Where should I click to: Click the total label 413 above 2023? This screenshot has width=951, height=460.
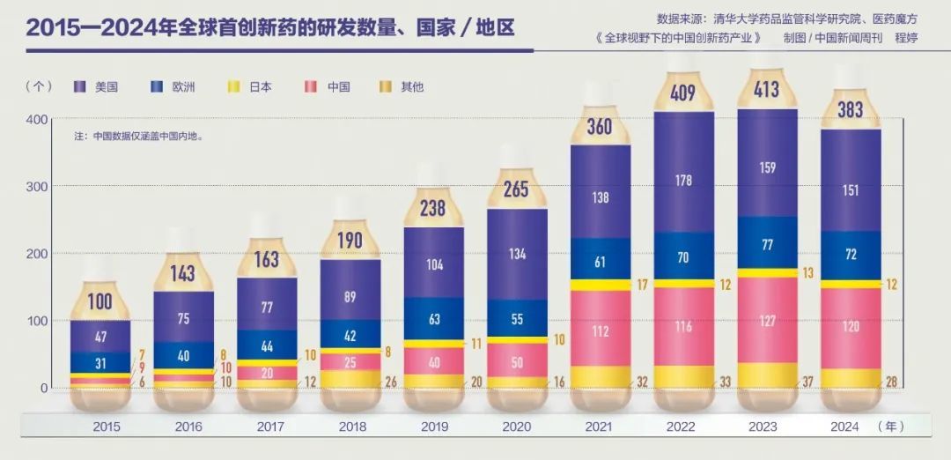(x=767, y=89)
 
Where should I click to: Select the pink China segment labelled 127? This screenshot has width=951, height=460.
(x=767, y=321)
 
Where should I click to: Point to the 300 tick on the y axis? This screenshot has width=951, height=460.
(x=37, y=187)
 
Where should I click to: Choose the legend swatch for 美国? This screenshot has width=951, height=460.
(x=80, y=86)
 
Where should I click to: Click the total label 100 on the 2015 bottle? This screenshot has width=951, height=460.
(x=100, y=302)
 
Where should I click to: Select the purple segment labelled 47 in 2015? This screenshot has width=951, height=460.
(x=100, y=337)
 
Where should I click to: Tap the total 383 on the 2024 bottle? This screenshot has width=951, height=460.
(x=850, y=109)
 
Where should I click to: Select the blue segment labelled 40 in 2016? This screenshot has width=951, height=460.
(x=183, y=355)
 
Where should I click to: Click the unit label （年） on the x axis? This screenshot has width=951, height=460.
(x=891, y=427)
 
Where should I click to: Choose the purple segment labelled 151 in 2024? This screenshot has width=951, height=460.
(x=850, y=191)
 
